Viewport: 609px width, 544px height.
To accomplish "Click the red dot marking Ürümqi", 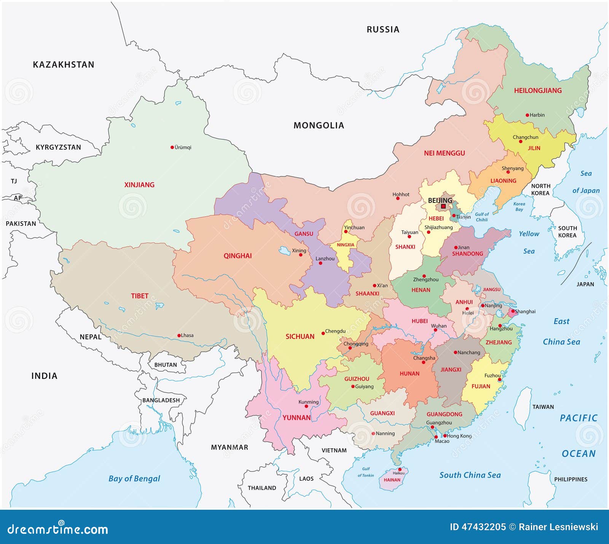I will (x=172, y=147).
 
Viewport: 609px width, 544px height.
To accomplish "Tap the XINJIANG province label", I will (x=139, y=185).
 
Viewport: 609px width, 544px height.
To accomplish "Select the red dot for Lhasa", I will (x=179, y=336).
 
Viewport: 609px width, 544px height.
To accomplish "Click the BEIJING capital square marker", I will (x=443, y=206).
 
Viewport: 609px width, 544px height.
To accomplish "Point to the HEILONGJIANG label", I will (x=537, y=91).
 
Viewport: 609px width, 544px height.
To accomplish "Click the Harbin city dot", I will (x=527, y=115).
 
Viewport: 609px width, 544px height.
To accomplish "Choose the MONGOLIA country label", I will (x=319, y=126).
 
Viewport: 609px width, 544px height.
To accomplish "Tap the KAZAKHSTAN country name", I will (x=64, y=65).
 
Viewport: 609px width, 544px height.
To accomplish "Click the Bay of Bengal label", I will (x=134, y=479).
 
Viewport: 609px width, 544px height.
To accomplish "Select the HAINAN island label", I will (x=392, y=480).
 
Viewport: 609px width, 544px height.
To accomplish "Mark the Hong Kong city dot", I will (x=445, y=436).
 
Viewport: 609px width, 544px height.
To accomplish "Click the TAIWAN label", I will (x=543, y=407).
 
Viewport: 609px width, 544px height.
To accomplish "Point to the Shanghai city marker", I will (x=512, y=311).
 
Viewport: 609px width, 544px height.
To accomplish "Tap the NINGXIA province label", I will (x=345, y=245).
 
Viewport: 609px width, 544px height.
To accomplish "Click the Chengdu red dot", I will (x=323, y=333).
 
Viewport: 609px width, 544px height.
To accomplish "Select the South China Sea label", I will (x=470, y=475).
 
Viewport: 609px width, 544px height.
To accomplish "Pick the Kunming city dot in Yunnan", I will (x=306, y=407).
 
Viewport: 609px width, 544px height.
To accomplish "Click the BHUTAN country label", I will (x=166, y=365).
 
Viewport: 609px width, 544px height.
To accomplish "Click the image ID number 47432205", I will (x=483, y=527).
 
